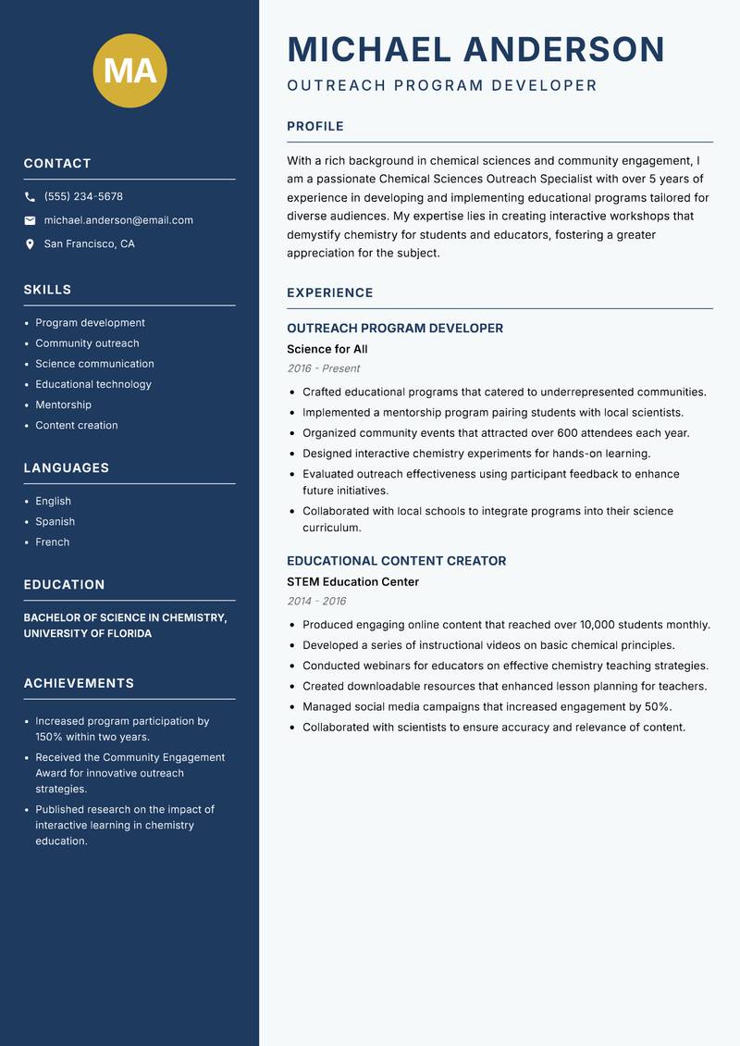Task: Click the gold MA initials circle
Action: [130, 71]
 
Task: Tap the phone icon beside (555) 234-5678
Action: [30, 197]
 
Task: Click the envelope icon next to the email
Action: [30, 220]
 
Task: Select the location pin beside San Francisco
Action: [30, 244]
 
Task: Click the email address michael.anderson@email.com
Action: [118, 220]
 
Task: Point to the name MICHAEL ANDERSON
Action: [476, 49]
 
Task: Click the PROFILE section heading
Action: [315, 127]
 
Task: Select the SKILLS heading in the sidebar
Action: [47, 290]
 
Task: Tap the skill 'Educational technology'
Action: [93, 384]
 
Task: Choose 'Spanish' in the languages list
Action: [55, 521]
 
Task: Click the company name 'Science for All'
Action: [327, 349]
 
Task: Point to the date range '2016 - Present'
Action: [323, 368]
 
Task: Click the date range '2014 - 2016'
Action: [316, 602]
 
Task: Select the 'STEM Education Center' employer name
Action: [353, 582]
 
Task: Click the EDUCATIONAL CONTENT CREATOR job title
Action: [397, 561]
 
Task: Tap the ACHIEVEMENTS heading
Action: [79, 683]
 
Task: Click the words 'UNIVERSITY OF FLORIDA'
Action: [88, 634]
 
